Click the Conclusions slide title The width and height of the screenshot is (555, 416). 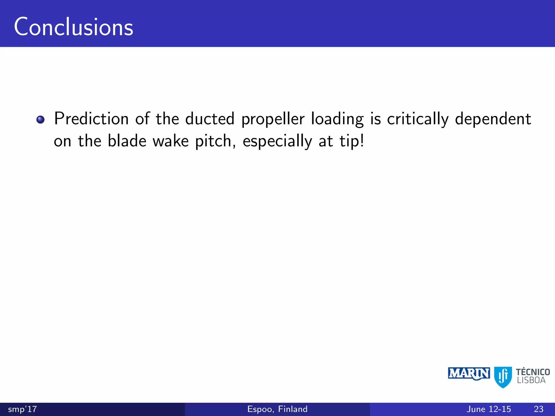pyautogui.click(x=73, y=27)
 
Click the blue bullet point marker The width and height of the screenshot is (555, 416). pyautogui.click(x=41, y=119)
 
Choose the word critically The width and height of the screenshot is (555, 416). pyautogui.click(x=418, y=119)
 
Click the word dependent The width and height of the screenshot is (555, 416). pyautogui.click(x=493, y=119)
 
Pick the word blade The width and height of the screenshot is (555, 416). pyautogui.click(x=127, y=141)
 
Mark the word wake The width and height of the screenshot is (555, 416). pyautogui.click(x=171, y=141)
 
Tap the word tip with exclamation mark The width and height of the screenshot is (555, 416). pyautogui.click(x=352, y=141)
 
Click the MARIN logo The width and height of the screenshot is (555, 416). pyautogui.click(x=469, y=374)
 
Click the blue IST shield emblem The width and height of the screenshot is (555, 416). pyautogui.click(x=503, y=377)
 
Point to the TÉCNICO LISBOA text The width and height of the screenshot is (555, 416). pyautogui.click(x=533, y=376)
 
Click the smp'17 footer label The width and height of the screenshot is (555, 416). pyautogui.click(x=22, y=409)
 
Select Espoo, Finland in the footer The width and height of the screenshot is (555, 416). pyautogui.click(x=277, y=409)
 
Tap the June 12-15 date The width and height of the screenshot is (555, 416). pyautogui.click(x=489, y=409)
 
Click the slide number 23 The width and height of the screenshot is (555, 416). pyautogui.click(x=538, y=409)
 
